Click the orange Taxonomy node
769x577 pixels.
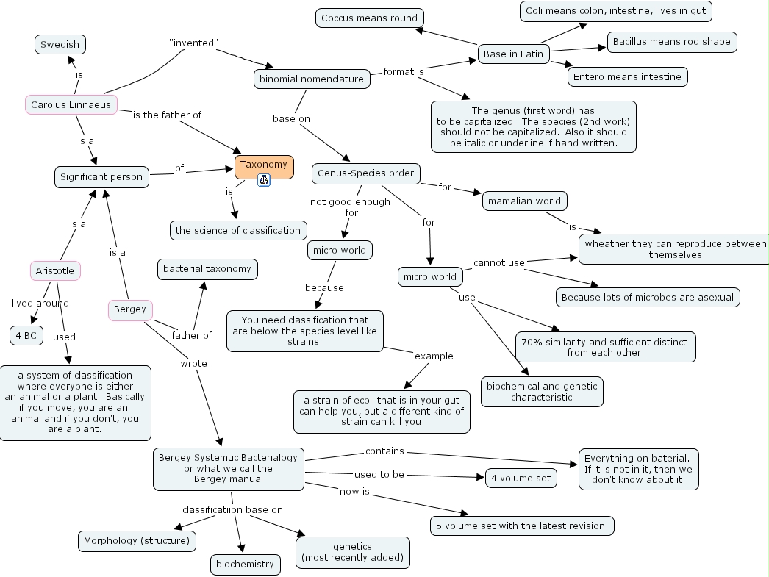(264, 165)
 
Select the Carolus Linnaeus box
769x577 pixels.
(71, 105)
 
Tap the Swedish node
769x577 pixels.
(60, 44)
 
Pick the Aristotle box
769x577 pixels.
(55, 270)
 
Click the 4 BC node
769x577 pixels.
(26, 336)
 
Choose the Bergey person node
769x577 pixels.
(130, 309)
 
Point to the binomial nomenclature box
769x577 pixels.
(312, 79)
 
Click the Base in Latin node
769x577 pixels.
(513, 54)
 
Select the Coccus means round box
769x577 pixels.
(369, 18)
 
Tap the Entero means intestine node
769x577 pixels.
(627, 76)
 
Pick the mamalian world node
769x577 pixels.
(525, 201)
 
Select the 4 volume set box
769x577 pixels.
(521, 478)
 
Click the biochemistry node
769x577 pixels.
(244, 565)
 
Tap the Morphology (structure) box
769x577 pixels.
(137, 541)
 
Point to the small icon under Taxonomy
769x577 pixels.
(264, 180)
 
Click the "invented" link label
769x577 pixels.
(193, 43)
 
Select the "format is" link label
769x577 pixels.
(404, 71)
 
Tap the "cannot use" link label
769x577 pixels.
(498, 262)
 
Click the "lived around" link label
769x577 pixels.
(40, 303)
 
